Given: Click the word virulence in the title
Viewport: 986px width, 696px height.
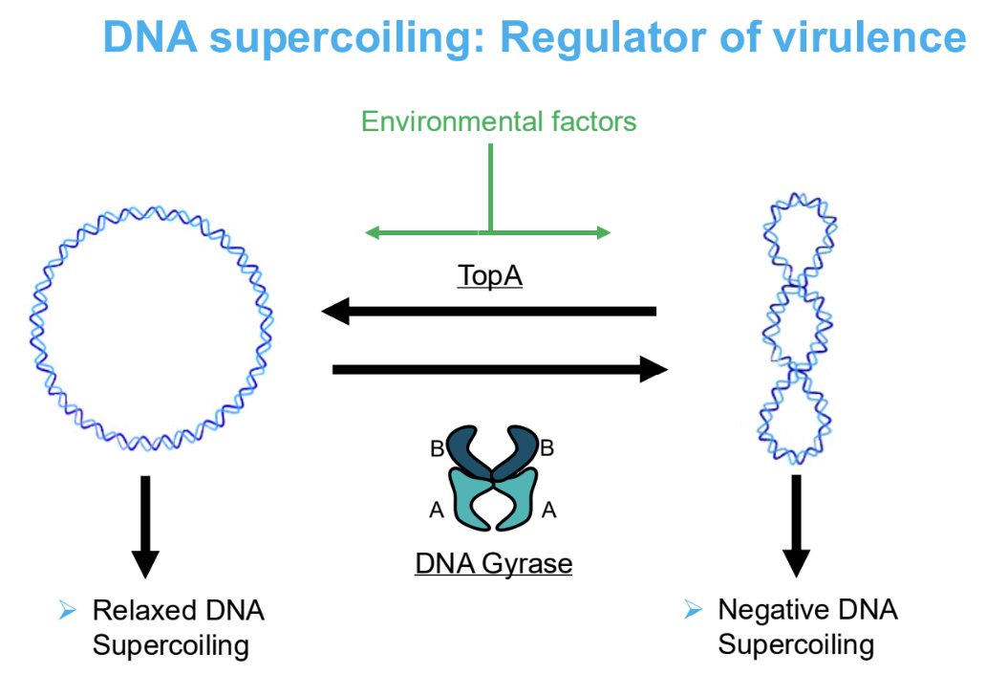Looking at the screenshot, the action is [x=868, y=37].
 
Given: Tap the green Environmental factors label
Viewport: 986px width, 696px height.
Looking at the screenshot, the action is [x=499, y=121].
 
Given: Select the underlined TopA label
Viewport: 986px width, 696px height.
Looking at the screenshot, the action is [x=490, y=275].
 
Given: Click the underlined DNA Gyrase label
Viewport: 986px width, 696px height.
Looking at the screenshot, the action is [x=494, y=564].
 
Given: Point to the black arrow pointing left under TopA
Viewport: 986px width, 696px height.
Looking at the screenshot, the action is [x=488, y=311].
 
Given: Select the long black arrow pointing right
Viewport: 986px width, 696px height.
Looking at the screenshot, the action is [x=500, y=369].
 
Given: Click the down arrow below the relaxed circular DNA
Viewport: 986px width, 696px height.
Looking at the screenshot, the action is [x=145, y=527].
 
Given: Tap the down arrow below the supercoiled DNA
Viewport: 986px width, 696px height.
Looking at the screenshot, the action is [x=796, y=526].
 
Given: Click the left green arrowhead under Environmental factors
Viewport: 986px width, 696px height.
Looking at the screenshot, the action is [x=372, y=233].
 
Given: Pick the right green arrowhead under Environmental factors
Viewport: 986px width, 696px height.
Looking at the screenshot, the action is [x=604, y=233].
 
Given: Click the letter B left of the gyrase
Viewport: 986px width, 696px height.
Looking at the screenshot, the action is [x=437, y=448].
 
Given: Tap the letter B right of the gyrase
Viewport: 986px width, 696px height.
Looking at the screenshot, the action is [x=547, y=448].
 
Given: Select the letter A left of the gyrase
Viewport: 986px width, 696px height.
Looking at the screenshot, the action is [x=437, y=510].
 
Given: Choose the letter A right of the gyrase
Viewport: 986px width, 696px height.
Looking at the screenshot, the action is [x=549, y=510].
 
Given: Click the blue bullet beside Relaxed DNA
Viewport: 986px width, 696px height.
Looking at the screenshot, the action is [x=67, y=610].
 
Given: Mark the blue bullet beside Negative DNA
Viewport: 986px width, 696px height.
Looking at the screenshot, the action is [x=693, y=609].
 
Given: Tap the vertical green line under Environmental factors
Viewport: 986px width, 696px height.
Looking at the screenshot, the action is [x=490, y=188].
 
